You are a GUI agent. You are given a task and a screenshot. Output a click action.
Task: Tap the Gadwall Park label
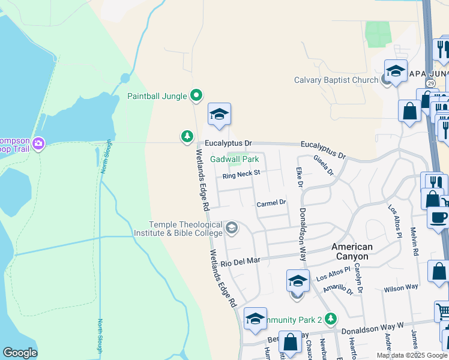235,159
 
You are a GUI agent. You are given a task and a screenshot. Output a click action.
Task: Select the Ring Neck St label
241,175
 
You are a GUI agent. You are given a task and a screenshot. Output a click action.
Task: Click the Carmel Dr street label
272,204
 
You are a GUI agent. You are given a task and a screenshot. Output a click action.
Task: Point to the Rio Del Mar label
240,262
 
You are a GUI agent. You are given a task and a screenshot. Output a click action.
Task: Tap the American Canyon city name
352,251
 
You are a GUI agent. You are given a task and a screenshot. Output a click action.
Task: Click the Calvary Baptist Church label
336,80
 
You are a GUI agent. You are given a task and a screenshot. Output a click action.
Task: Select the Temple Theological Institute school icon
232,229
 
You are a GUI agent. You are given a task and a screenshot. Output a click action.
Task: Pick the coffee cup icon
439,217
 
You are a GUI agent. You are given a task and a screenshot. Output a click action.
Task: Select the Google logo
20,353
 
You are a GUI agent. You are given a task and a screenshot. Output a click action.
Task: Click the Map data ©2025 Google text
411,355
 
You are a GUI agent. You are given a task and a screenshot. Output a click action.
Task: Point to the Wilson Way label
401,288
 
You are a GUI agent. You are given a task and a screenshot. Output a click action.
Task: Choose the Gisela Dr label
323,165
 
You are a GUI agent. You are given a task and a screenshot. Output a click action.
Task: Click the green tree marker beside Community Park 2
330,319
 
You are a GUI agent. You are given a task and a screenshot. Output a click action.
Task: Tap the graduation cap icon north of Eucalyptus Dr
220,114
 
